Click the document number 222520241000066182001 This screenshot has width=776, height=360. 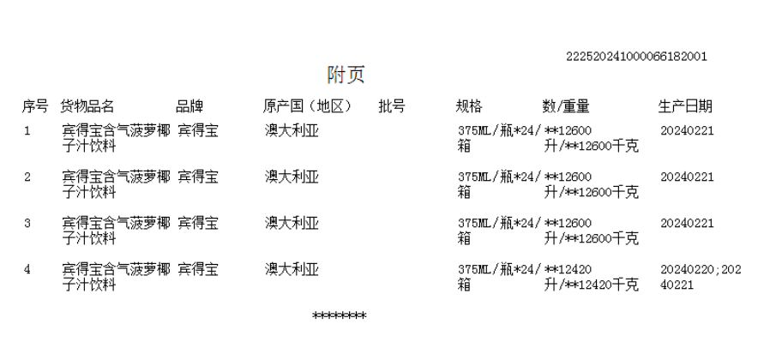(x=636, y=57)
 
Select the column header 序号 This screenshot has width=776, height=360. (x=34, y=107)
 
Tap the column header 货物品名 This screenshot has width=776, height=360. (x=87, y=107)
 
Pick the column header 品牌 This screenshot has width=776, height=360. (x=189, y=107)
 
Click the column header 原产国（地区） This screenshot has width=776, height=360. (x=308, y=107)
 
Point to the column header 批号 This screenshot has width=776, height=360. (x=392, y=107)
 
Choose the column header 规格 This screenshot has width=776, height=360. (x=469, y=107)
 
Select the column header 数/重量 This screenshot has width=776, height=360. (x=566, y=107)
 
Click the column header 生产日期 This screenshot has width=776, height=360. (x=685, y=107)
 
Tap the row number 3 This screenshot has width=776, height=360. (x=27, y=224)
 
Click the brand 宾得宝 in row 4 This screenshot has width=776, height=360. (x=197, y=270)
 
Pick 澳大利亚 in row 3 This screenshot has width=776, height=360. (x=292, y=224)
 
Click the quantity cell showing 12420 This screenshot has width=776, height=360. (x=591, y=277)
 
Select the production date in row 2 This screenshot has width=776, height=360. (x=687, y=177)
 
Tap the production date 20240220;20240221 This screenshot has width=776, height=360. (x=701, y=277)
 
